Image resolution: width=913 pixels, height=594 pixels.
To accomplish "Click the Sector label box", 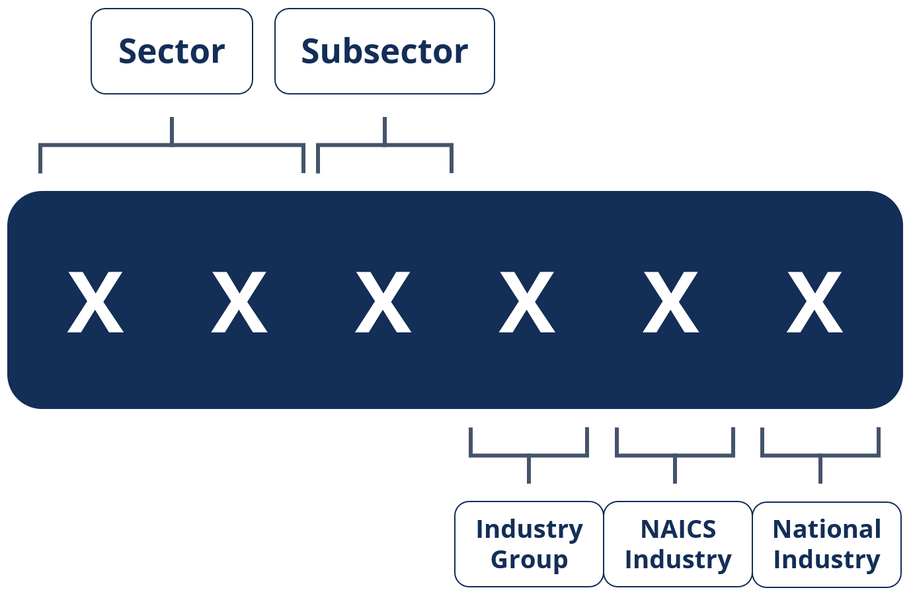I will tap(172, 52).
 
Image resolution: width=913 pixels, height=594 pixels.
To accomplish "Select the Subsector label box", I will tap(384, 52).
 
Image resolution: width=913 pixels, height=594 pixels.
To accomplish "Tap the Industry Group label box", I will tap(529, 544).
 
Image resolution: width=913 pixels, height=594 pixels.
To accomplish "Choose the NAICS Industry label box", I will tap(678, 544).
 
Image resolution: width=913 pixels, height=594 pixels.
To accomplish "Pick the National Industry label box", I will tap(826, 544).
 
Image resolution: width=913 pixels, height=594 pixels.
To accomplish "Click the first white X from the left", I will tap(96, 301).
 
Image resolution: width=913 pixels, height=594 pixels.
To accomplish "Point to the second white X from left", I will tap(239, 301).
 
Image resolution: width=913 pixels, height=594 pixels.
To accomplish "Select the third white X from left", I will tap(383, 301).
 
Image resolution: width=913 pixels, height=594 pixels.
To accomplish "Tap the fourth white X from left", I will tap(527, 301).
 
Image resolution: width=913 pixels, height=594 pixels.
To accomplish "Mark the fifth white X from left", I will tap(671, 301).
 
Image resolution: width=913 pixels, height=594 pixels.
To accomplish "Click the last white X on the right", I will tap(814, 301).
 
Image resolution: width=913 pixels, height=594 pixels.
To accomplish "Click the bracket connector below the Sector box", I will tap(172, 145).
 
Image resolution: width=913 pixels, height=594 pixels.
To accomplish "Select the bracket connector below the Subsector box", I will tap(385, 145).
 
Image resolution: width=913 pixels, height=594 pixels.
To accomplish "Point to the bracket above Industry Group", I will tap(529, 455).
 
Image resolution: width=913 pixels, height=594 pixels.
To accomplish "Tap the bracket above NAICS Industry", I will tap(675, 455).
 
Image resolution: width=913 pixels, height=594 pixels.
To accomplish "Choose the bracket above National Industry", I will tap(820, 455).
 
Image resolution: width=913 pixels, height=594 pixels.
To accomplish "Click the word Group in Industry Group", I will tap(529, 560).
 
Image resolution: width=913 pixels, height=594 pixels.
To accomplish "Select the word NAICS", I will tap(678, 529).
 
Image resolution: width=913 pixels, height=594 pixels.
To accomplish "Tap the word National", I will tap(826, 529).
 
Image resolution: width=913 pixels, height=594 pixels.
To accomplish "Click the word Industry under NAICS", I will tap(678, 560).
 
